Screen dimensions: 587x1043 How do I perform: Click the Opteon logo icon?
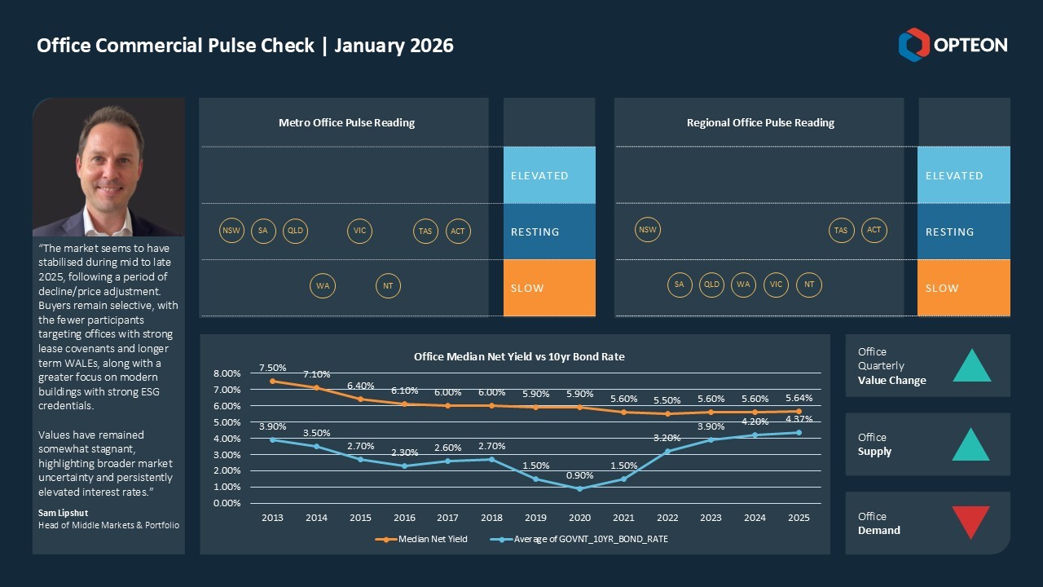pyautogui.click(x=913, y=45)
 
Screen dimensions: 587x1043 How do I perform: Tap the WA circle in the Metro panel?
pyautogui.click(x=323, y=286)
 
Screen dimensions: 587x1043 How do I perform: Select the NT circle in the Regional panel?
pyautogui.click(x=809, y=285)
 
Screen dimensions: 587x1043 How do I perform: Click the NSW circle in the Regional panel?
pyautogui.click(x=647, y=230)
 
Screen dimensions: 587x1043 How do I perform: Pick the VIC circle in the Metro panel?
pyautogui.click(x=359, y=231)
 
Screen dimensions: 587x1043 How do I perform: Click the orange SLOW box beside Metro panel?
pyautogui.click(x=549, y=288)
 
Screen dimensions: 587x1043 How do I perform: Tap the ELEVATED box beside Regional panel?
pyautogui.click(x=963, y=175)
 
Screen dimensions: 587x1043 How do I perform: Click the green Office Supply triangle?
pyautogui.click(x=970, y=445)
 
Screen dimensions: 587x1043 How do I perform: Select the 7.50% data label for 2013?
pyautogui.click(x=272, y=368)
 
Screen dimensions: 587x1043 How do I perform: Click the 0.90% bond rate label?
pyautogui.click(x=579, y=475)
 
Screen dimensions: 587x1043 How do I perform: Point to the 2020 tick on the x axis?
pyautogui.click(x=579, y=518)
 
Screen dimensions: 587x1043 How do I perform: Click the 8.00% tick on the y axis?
pyautogui.click(x=227, y=373)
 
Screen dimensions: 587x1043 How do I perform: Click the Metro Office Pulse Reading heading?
pyautogui.click(x=346, y=123)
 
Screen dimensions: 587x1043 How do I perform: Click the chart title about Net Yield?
pyautogui.click(x=519, y=356)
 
